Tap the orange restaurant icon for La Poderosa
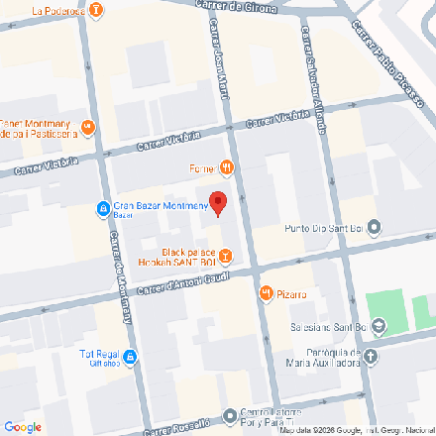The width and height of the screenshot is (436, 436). (x=96, y=11)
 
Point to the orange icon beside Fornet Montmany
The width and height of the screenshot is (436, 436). (x=88, y=126)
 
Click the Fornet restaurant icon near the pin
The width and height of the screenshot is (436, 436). (x=227, y=168)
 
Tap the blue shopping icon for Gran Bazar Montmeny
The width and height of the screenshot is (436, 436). (x=103, y=207)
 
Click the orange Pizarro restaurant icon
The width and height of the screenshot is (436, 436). (x=267, y=293)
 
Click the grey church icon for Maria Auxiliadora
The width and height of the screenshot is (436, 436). (x=371, y=357)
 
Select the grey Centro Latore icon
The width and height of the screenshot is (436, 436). (x=231, y=416)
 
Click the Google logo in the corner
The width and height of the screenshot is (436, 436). (x=22, y=427)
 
